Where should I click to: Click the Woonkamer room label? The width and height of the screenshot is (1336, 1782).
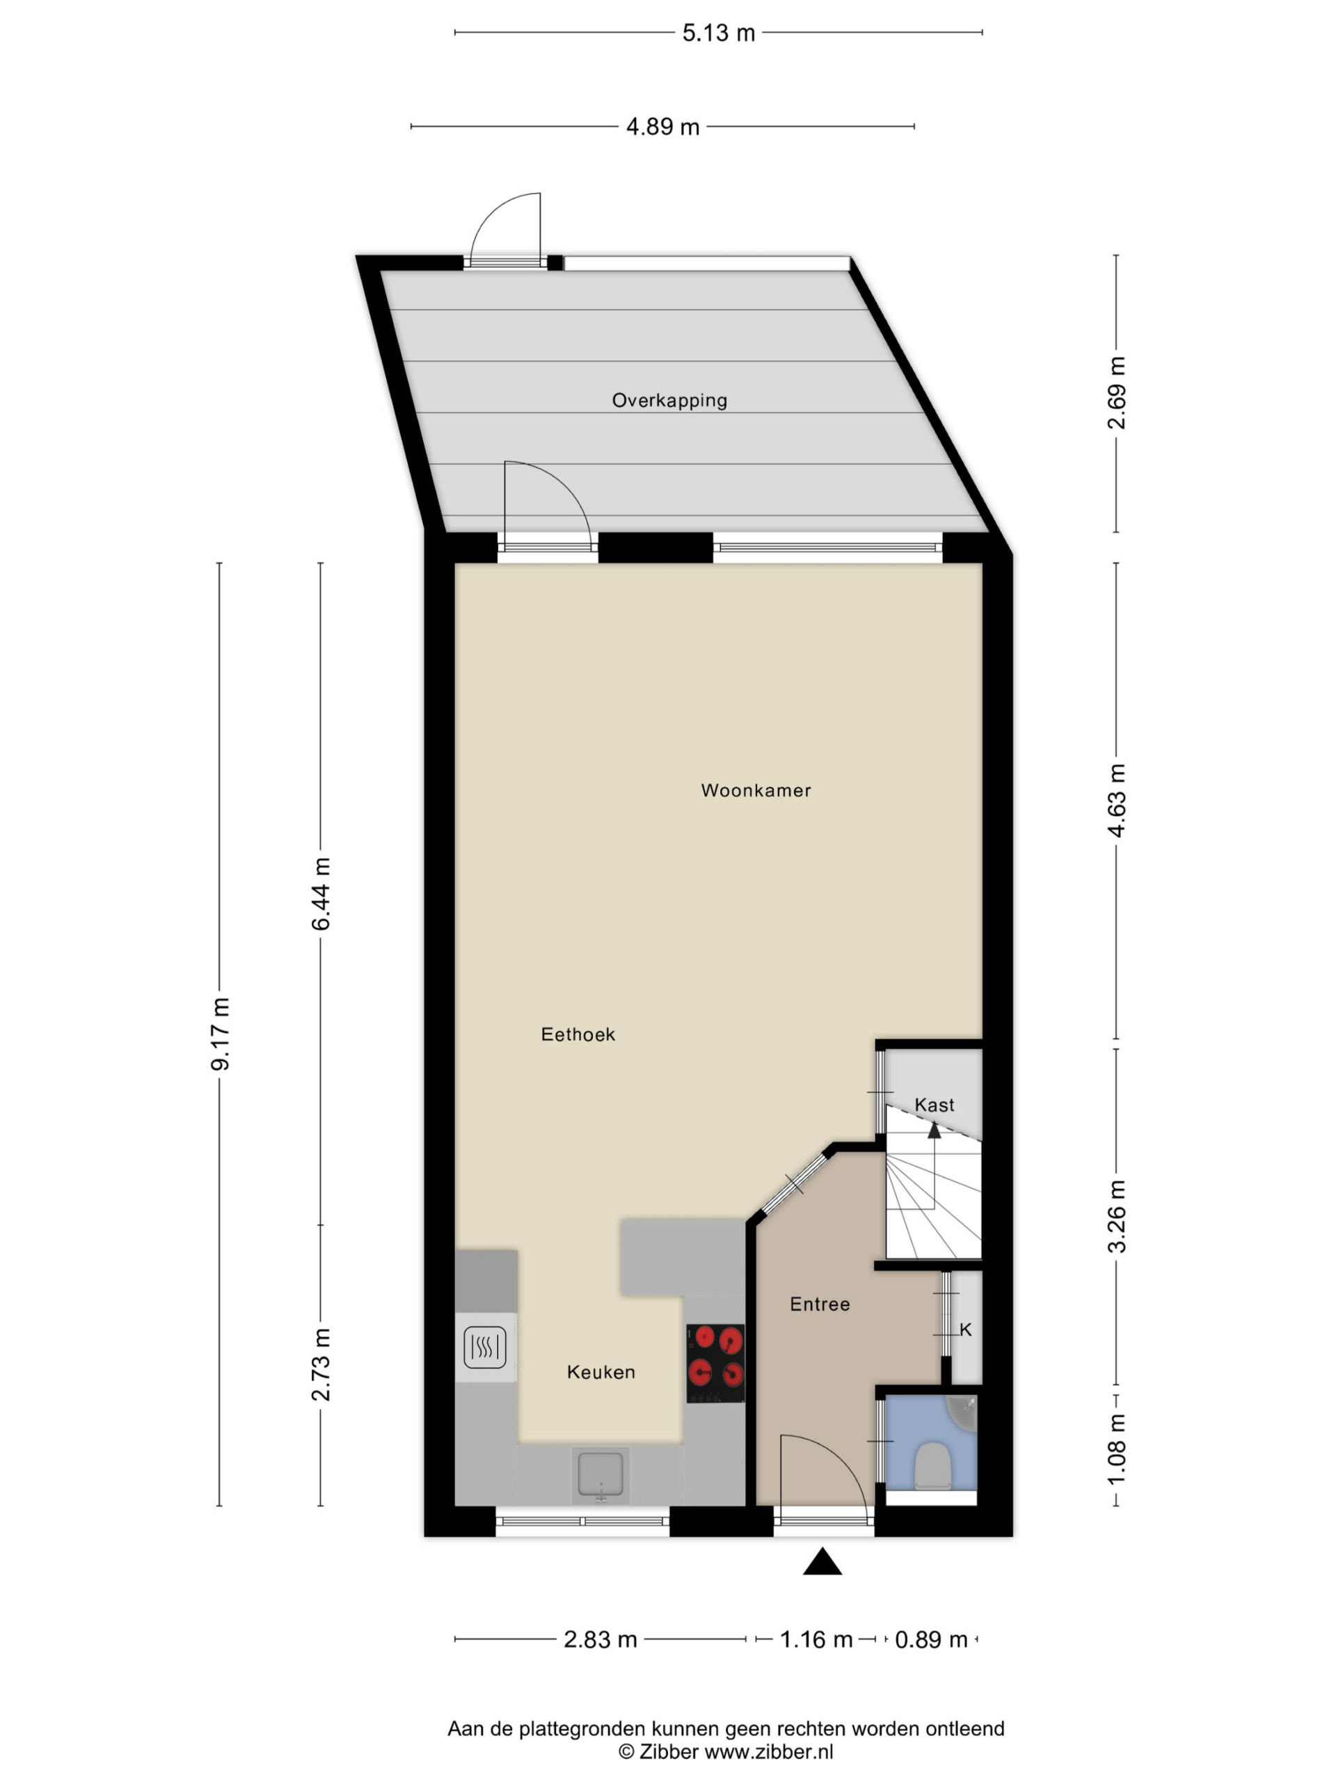click(x=756, y=790)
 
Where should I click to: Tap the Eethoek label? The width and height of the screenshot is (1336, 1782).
click(x=578, y=1034)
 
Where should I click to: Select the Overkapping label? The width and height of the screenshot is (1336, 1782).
click(x=669, y=400)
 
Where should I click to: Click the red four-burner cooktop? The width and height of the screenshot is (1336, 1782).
click(x=715, y=1364)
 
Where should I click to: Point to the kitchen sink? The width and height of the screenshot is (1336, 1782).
click(x=600, y=1475)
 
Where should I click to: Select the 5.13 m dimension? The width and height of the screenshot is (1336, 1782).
click(x=718, y=33)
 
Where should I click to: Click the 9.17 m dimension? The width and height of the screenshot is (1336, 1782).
click(x=220, y=1034)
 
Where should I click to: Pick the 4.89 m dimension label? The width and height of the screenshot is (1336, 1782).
click(x=662, y=127)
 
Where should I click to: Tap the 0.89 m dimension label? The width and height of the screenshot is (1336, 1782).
click(x=931, y=1639)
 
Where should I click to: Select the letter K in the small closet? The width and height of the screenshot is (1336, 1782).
click(x=966, y=1330)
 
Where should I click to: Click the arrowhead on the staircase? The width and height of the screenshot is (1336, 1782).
click(x=934, y=1130)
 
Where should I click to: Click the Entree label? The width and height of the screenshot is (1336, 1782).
click(x=820, y=1304)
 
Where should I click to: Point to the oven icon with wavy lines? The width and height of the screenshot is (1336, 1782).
click(x=485, y=1347)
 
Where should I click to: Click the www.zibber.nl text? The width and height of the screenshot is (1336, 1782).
click(x=769, y=1751)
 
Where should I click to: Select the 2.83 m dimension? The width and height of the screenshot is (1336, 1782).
click(x=600, y=1639)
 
